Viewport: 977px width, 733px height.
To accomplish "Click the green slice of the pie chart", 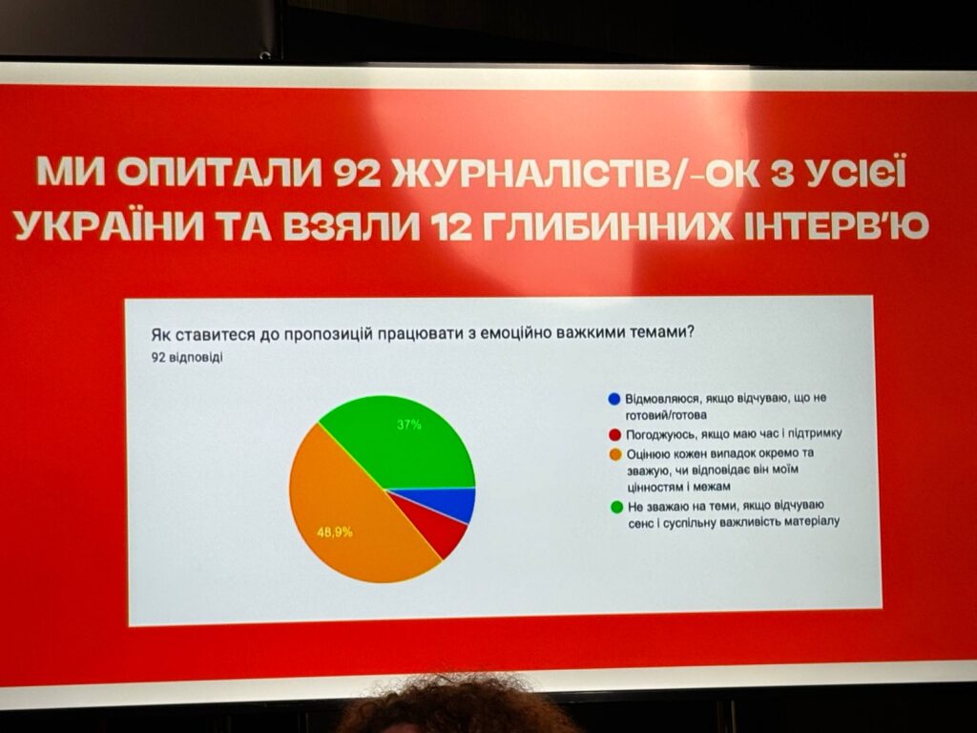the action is (411, 446).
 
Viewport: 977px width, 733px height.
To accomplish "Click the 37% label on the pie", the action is (409, 425).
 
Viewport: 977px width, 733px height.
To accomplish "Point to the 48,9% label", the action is (335, 533).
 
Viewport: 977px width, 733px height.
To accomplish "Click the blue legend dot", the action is (614, 399).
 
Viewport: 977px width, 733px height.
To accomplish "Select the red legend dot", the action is (615, 434).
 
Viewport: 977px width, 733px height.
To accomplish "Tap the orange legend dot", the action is (615, 454).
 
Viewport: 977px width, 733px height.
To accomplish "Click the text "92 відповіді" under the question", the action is (186, 359).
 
